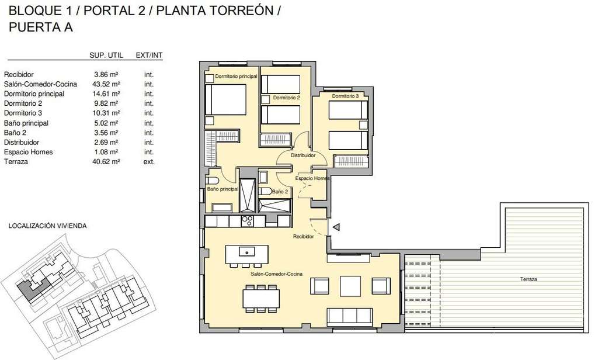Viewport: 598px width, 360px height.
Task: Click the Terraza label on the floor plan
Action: tap(528, 279)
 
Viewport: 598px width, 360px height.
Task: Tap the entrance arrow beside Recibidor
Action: tap(336, 227)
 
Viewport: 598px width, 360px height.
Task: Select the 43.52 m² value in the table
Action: tap(106, 84)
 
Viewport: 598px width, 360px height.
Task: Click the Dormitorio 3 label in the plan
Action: tap(345, 96)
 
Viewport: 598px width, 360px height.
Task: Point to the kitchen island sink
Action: tap(247, 251)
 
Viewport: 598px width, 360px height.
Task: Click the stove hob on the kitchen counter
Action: tap(247, 221)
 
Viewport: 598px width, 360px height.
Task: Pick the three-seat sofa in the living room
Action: tap(350, 317)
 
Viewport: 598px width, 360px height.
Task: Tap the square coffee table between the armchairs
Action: tap(350, 286)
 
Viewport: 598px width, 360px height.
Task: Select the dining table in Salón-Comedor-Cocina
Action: tap(261, 299)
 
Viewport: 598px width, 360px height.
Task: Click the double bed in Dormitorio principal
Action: tap(225, 99)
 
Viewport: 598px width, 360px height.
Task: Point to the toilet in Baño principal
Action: tap(211, 181)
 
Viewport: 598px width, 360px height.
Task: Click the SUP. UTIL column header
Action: tap(106, 56)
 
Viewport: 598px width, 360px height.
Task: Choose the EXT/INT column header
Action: tap(149, 56)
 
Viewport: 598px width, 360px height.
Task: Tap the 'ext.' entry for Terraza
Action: tap(149, 162)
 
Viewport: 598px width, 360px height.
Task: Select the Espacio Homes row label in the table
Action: tap(28, 152)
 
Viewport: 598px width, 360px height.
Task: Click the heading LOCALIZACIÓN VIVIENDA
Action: tap(48, 226)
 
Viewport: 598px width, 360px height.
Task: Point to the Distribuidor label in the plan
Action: tap(303, 155)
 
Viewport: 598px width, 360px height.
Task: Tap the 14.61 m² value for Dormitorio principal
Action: tap(106, 94)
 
